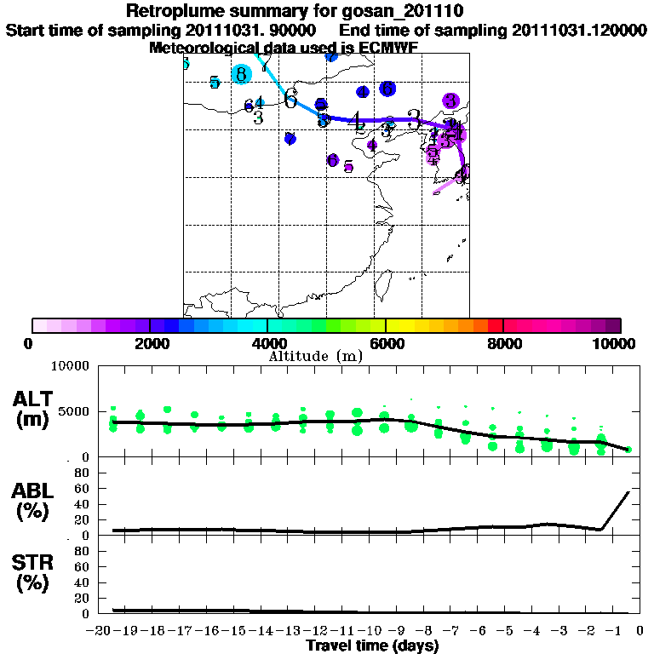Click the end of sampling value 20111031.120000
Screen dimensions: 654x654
click(579, 30)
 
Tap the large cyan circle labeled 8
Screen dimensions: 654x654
click(242, 74)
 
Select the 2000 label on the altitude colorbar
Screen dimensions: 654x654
click(150, 344)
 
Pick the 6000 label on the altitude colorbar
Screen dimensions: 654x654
click(386, 344)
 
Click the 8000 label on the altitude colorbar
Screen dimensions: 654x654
click(504, 344)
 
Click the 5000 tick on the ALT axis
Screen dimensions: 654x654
click(72, 411)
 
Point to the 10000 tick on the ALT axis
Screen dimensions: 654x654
click(69, 367)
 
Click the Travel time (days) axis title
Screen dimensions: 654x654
click(372, 645)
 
